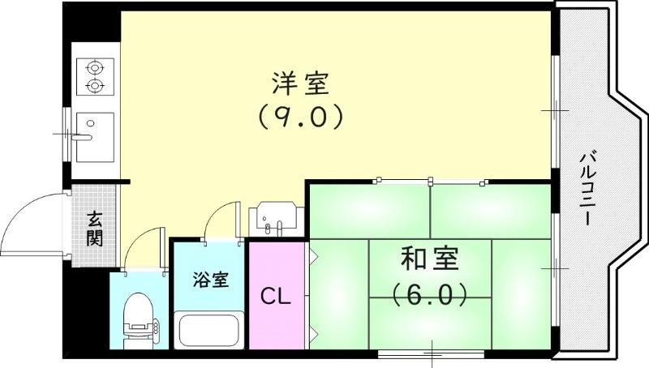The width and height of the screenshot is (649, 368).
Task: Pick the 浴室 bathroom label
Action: [210, 280]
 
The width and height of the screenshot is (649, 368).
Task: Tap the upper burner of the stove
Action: [96, 67]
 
